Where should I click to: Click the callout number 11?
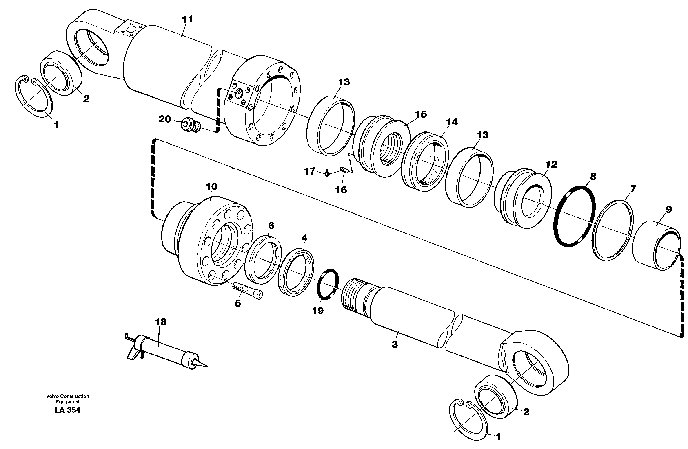(x=187, y=20)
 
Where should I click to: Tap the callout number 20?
(x=165, y=119)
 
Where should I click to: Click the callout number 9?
(x=668, y=210)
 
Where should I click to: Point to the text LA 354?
(x=68, y=410)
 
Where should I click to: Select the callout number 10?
(x=211, y=186)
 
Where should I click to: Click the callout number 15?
(x=421, y=114)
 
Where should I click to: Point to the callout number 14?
(x=452, y=122)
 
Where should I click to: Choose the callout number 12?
(x=551, y=164)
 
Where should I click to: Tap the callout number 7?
(x=633, y=189)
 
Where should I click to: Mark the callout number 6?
(x=271, y=225)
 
